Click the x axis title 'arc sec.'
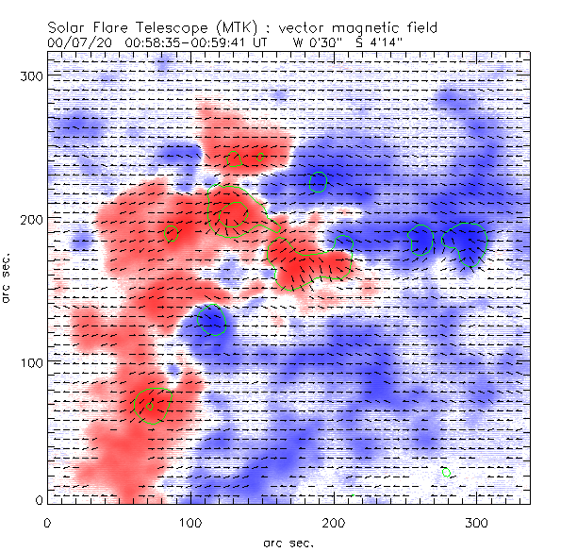click(288, 543)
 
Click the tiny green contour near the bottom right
click(446, 472)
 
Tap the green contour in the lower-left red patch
click(151, 406)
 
